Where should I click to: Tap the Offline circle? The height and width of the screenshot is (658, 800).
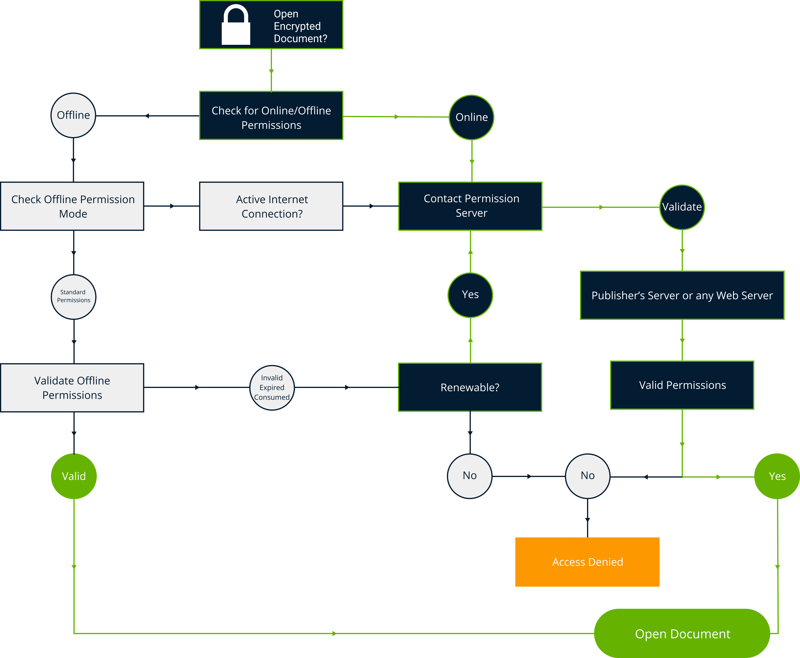[73, 115]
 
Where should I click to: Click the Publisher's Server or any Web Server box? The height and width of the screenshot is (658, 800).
[682, 295]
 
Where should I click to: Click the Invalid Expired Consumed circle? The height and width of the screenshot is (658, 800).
[272, 387]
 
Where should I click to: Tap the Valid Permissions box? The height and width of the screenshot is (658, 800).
[682, 385]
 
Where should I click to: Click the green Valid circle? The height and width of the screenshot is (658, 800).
[74, 476]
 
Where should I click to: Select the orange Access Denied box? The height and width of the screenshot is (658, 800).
[587, 562]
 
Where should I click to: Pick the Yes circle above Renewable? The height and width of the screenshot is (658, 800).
[470, 295]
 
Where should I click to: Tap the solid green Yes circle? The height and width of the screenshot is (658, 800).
[777, 476]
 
